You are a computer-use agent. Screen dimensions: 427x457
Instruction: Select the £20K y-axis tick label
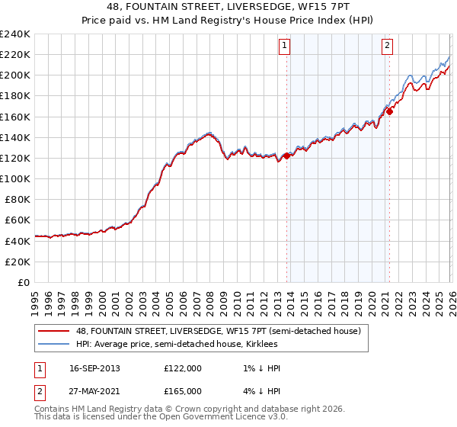click(18, 261)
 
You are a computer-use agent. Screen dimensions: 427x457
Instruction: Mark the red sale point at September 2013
click(287, 156)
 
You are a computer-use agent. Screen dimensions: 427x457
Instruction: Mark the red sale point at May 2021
click(389, 111)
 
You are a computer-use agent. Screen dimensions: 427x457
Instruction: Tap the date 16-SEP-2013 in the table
click(94, 368)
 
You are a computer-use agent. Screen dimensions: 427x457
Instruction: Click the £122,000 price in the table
click(183, 368)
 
